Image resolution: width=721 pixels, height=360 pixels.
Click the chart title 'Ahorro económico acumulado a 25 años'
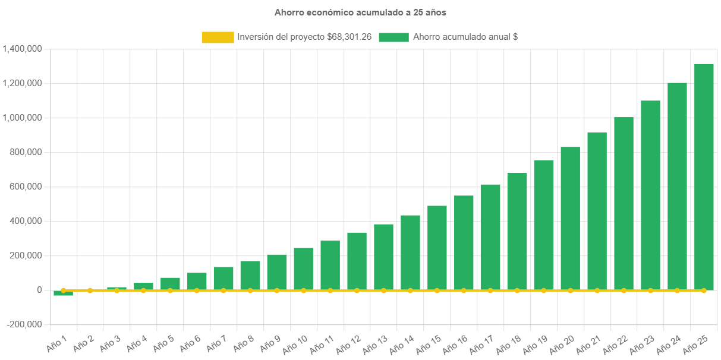point(360,12)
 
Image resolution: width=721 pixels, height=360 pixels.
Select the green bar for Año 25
point(704,178)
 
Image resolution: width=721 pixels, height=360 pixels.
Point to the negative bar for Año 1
point(63,293)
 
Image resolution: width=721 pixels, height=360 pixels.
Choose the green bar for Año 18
point(517,231)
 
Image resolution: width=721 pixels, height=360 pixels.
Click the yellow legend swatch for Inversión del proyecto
point(218,37)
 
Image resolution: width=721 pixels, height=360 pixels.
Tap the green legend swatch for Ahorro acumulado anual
point(393,37)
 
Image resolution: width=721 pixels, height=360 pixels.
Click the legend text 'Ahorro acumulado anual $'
point(465,37)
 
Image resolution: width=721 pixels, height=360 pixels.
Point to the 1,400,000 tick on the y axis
point(22,49)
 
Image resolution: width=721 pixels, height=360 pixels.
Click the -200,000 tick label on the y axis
point(25,324)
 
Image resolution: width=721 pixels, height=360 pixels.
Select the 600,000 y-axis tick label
point(26,187)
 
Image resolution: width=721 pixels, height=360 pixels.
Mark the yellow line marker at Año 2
point(90,290)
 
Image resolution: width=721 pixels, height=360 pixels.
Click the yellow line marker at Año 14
point(410,290)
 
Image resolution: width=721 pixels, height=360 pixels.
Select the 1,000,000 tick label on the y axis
point(22,118)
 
